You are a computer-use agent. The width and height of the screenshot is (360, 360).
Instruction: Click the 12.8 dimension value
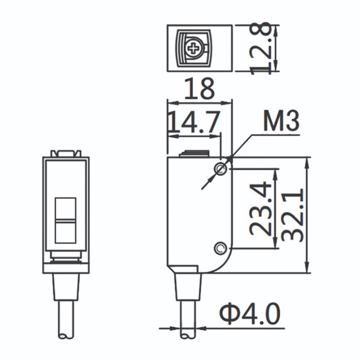[262, 48]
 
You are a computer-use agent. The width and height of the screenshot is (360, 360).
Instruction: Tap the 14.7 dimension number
[193, 122]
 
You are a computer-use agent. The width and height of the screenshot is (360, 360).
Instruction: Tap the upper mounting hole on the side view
[220, 169]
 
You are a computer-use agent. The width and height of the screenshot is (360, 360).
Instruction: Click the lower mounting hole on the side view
[220, 247]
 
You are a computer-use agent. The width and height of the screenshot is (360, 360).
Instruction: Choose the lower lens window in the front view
[65, 232]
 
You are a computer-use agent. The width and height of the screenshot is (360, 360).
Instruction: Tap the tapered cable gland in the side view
[188, 286]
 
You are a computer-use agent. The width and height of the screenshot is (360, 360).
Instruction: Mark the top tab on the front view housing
[66, 153]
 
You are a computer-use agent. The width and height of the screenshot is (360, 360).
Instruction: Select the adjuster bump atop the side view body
[194, 154]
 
